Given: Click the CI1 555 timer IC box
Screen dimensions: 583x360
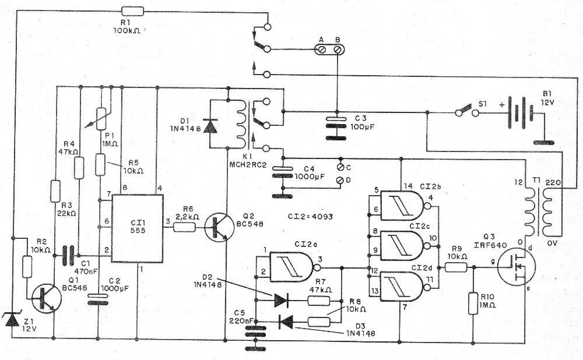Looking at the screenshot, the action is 138,228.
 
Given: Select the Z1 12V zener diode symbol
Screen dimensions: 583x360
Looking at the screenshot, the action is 12,319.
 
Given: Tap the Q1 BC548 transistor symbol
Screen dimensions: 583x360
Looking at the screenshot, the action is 46,299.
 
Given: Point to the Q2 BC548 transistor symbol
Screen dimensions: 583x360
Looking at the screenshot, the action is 219,227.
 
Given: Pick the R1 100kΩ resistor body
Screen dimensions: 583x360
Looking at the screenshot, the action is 133,11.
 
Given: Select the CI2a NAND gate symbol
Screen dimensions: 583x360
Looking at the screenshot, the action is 294,267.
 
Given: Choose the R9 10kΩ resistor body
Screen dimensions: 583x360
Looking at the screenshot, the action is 456,267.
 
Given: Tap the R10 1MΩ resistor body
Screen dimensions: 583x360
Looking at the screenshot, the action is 473,303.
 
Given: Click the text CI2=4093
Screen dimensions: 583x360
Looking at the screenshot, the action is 310,216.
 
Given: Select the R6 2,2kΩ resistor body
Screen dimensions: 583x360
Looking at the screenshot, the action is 184,227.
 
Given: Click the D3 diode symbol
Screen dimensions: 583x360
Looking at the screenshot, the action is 286,322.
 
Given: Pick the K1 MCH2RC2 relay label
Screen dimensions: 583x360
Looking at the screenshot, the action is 248,161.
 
